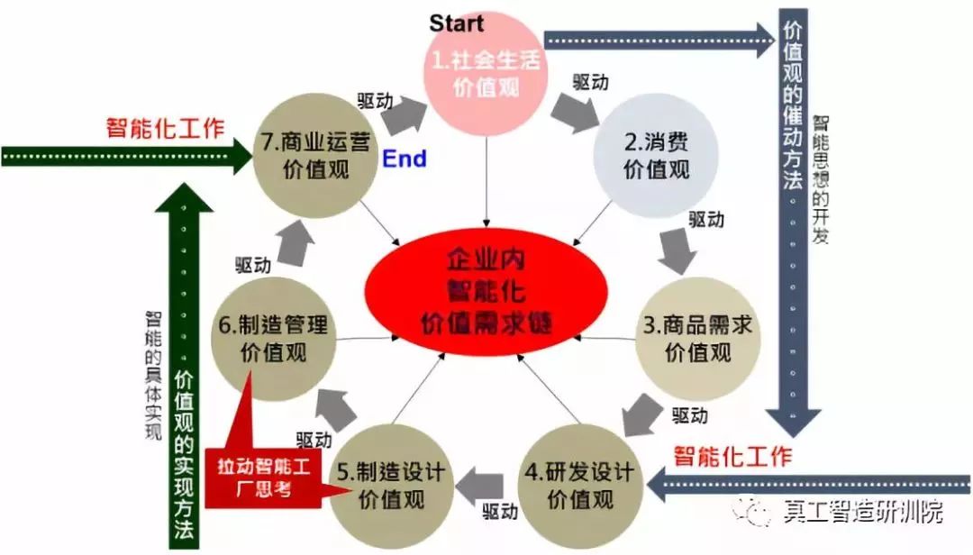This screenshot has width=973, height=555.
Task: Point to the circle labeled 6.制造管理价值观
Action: click(x=271, y=338)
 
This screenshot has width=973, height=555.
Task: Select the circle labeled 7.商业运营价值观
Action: click(x=313, y=155)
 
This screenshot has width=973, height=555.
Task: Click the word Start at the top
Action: click(x=457, y=23)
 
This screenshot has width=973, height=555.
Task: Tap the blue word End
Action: click(x=405, y=159)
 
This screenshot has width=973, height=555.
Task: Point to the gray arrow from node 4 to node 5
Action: click(x=481, y=486)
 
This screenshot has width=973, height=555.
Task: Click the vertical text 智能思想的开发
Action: click(x=822, y=179)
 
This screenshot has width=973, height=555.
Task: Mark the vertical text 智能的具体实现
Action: click(x=153, y=374)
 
